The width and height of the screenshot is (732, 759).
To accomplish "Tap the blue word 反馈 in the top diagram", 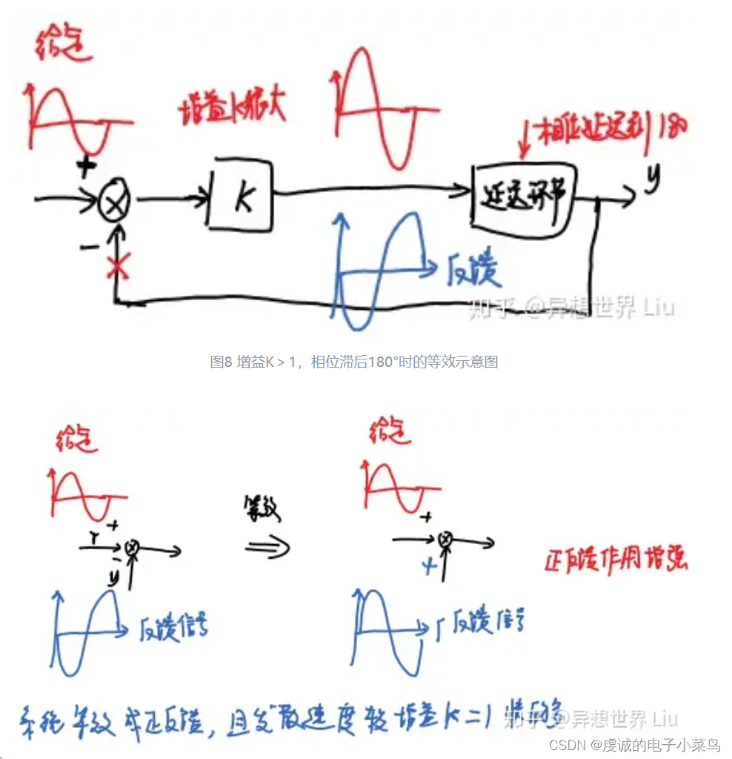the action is (x=473, y=272).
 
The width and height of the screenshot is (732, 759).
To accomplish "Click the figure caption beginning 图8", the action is (x=353, y=362).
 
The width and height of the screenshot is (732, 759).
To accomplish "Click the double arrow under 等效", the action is (x=267, y=546).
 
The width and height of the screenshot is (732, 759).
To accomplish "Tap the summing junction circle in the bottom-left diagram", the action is (x=133, y=546).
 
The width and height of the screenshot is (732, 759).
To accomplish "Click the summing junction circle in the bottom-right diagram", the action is (x=445, y=540).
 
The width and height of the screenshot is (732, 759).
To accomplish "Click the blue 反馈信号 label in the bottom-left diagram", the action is (x=174, y=629).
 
